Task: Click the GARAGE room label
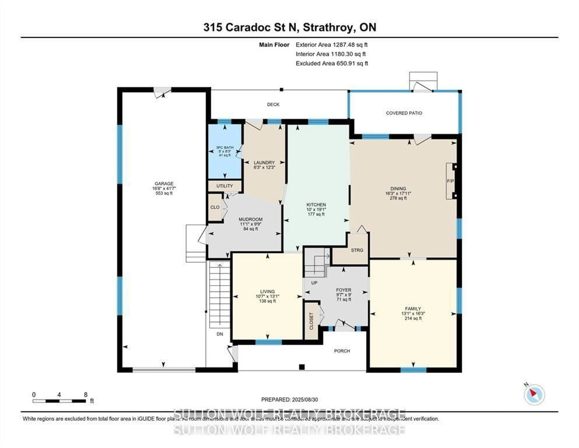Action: pyautogui.click(x=164, y=184)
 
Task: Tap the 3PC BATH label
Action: pyautogui.click(x=225, y=148)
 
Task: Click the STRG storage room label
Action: pyautogui.click(x=357, y=250)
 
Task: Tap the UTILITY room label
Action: pyautogui.click(x=225, y=186)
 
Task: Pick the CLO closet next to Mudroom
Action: pyautogui.click(x=215, y=207)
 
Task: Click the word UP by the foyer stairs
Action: pyautogui.click(x=314, y=283)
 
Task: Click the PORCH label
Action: pyautogui.click(x=342, y=351)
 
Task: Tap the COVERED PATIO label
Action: pyautogui.click(x=404, y=113)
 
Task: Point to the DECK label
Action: pyautogui.click(x=273, y=105)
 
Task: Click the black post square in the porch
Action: pyautogui.click(x=302, y=367)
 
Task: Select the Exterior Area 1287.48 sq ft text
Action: pyautogui.click(x=331, y=45)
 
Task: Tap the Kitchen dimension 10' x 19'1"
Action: pyautogui.click(x=316, y=209)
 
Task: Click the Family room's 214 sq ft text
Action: pyautogui.click(x=413, y=318)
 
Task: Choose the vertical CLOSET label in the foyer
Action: pyautogui.click(x=311, y=321)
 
